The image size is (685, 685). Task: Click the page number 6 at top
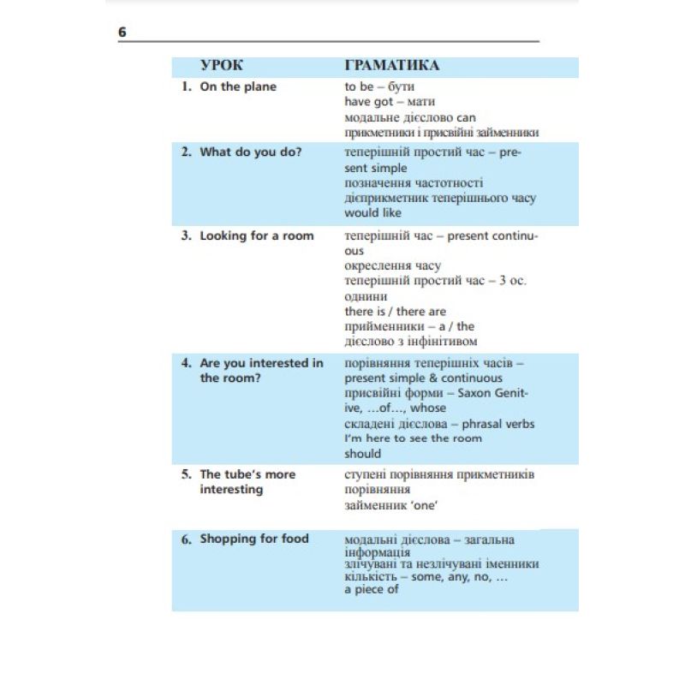[x=122, y=33]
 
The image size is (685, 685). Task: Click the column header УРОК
[x=221, y=66]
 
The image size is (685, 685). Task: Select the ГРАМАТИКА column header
[x=392, y=66]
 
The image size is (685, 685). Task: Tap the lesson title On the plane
[x=238, y=86]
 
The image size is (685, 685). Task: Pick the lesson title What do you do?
[x=251, y=152]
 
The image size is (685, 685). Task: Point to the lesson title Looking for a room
[x=257, y=235]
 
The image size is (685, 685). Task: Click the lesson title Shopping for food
[x=254, y=539]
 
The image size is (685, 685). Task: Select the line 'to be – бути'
[x=379, y=86]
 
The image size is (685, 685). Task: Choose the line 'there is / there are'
[x=396, y=311]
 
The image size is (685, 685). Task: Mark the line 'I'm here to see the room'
[x=414, y=438]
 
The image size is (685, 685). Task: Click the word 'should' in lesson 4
[x=363, y=454]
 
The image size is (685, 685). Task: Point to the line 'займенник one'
[x=391, y=505]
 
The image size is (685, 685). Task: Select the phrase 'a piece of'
[x=372, y=590]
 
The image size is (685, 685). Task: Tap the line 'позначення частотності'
[x=414, y=183]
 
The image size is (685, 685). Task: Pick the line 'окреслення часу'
[x=393, y=265]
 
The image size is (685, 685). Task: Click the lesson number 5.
[x=186, y=474]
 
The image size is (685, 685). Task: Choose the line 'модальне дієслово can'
[x=410, y=117]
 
